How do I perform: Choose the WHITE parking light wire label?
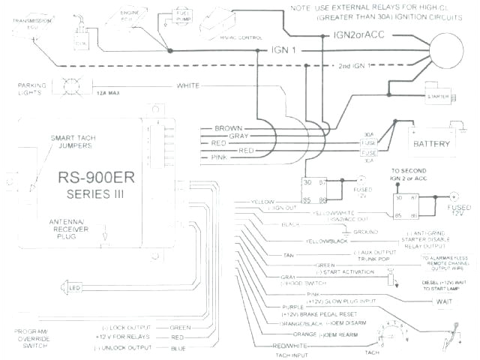coord(188,85)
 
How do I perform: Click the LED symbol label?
coord(76,288)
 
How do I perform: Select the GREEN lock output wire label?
coord(176,327)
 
